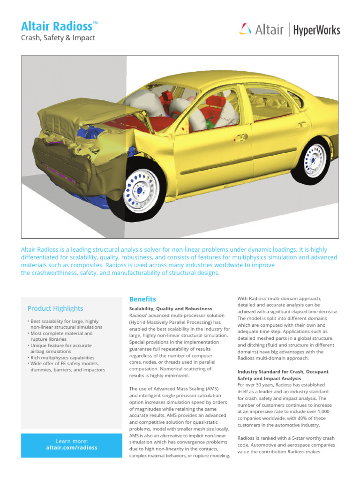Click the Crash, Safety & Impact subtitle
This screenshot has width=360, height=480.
pyautogui.click(x=58, y=38)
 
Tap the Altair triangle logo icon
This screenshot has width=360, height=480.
pyautogui.click(x=245, y=30)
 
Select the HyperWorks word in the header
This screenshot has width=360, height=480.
pyautogui.click(x=316, y=31)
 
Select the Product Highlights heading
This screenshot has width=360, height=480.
pyautogui.click(x=55, y=308)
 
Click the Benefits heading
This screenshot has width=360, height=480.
pyautogui.click(x=142, y=299)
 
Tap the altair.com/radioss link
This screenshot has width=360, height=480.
pyautogui.click(x=72, y=448)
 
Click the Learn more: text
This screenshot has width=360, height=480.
pyautogui.click(x=72, y=441)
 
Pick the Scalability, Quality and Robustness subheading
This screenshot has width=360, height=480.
pyautogui.click(x=171, y=309)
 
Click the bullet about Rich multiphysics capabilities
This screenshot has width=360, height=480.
pyautogui.click(x=62, y=357)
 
